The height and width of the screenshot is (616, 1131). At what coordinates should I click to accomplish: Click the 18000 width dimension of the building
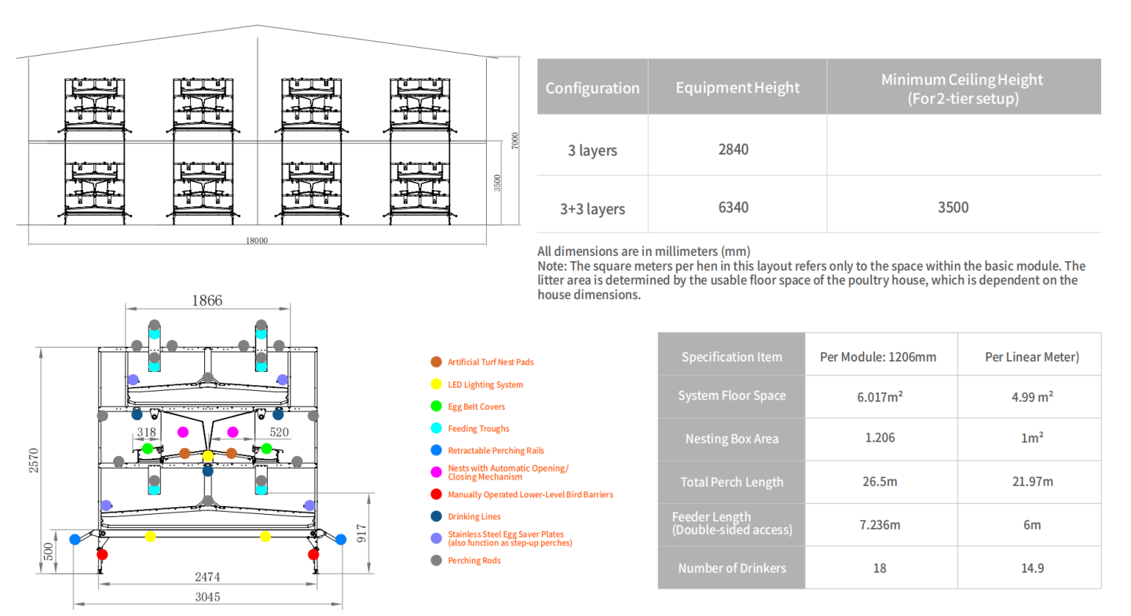[x=257, y=241]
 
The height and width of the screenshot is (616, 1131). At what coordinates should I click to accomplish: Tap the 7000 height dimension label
[x=514, y=140]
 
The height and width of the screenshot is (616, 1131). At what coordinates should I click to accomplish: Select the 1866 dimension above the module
[x=207, y=301]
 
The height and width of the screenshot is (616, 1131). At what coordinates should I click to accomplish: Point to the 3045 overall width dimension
[x=207, y=597]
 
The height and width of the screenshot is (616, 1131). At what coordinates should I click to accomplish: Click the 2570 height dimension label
[x=33, y=460]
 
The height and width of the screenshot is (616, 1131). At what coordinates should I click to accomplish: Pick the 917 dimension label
[x=361, y=534]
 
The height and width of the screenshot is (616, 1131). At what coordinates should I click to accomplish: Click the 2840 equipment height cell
[x=733, y=149]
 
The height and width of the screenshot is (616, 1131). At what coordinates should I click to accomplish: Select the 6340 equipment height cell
[x=733, y=207]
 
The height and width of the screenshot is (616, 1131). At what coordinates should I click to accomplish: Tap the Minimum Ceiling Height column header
[x=962, y=89]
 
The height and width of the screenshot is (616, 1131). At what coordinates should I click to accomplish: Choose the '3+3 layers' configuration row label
[x=592, y=209]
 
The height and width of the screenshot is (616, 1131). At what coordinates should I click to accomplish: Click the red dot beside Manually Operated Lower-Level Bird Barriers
[x=436, y=494]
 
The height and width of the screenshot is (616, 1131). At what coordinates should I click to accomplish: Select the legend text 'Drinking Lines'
[x=474, y=516]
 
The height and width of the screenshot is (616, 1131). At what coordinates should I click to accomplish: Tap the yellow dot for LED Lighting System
[x=436, y=385]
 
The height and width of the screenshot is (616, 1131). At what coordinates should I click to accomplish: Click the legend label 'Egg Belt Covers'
[x=476, y=406]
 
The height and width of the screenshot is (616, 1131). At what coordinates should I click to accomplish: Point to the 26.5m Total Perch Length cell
[x=880, y=481]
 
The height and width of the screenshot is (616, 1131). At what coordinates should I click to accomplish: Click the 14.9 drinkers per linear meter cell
[x=1032, y=568]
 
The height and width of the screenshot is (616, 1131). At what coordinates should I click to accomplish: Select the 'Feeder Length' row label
[x=732, y=523]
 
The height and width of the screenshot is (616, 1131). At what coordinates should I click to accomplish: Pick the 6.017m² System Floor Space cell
[x=880, y=396]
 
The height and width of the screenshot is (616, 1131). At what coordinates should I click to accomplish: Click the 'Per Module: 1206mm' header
[x=878, y=357]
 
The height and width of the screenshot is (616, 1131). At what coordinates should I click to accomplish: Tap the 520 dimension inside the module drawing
[x=279, y=432]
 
